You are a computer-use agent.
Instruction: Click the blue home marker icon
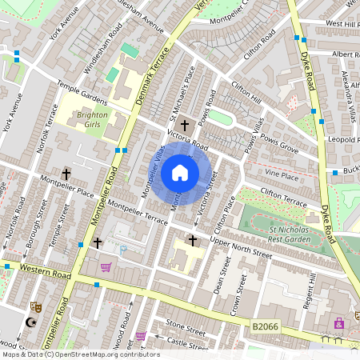tap(180, 173)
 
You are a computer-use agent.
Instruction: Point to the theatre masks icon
tap(35, 306)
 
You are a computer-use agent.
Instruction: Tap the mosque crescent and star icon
tap(32, 322)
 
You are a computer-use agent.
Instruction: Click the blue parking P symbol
tap(123, 250)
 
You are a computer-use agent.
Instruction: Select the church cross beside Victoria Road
tap(185, 125)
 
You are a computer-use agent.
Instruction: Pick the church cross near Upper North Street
tap(192, 239)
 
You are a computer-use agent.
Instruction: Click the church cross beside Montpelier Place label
tap(66, 174)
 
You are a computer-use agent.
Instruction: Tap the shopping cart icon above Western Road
tap(106, 267)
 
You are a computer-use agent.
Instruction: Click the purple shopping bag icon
tap(142, 336)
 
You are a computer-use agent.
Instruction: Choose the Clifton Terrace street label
tap(283, 198)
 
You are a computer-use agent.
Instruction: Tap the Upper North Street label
tap(241, 247)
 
